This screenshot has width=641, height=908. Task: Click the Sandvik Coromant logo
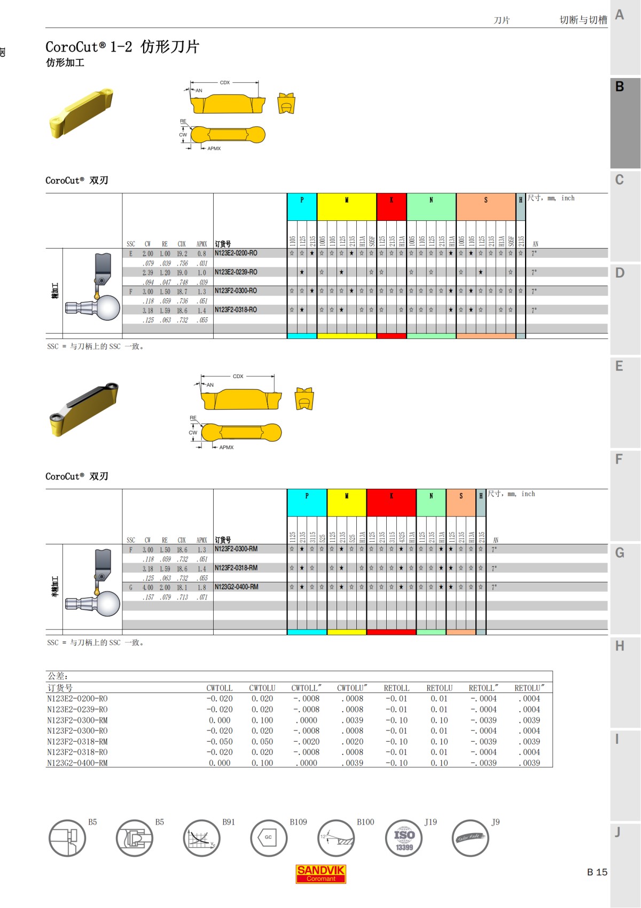[x=320, y=874]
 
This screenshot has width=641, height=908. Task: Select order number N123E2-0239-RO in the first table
[x=236, y=272]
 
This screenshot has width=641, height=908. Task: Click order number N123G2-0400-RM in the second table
[x=236, y=587]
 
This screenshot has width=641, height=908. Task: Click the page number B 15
[x=597, y=872]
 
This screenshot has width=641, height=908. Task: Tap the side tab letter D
[x=620, y=273]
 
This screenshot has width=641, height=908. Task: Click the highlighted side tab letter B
[x=620, y=87]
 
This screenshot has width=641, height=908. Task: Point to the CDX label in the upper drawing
[x=225, y=82]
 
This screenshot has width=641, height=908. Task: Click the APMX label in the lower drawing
[x=226, y=448]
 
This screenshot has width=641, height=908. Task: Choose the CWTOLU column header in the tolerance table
[x=262, y=688]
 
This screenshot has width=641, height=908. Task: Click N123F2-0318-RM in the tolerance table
[x=77, y=742]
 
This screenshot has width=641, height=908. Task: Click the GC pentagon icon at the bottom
[x=269, y=838]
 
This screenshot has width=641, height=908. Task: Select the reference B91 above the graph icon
[x=229, y=822]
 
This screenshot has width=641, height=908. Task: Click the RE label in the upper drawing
[x=183, y=121]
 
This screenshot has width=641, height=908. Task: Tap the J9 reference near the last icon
[x=496, y=822]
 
